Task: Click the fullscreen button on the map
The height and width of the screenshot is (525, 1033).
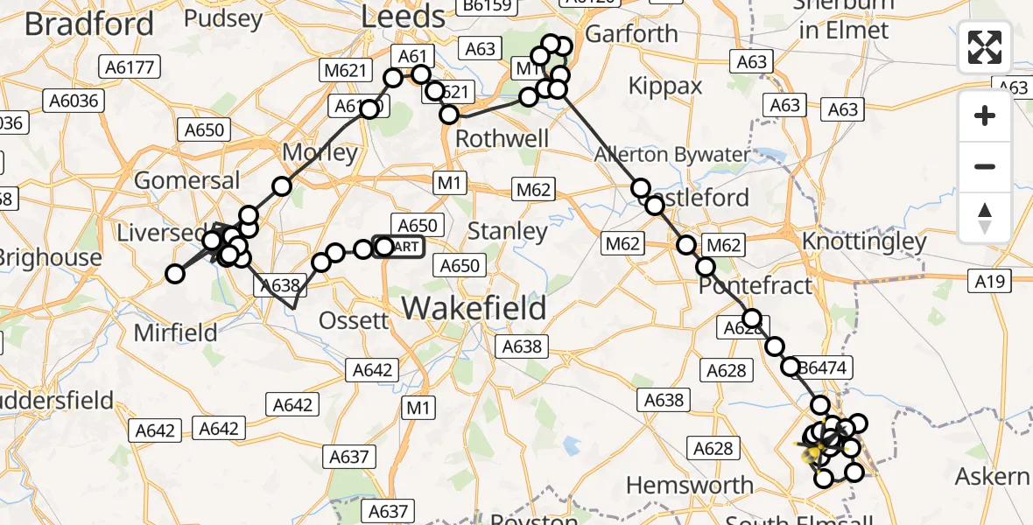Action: (x=985, y=47)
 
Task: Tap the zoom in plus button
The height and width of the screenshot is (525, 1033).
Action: (x=985, y=115)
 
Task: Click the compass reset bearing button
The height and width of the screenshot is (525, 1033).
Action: (x=985, y=218)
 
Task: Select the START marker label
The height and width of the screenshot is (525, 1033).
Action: (x=401, y=247)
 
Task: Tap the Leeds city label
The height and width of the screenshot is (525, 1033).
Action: (x=403, y=17)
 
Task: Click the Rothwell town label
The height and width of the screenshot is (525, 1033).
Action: (x=502, y=139)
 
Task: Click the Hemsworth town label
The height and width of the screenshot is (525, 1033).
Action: (x=690, y=485)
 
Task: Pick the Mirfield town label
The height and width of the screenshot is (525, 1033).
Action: (x=176, y=332)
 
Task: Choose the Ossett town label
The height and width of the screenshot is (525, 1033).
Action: (x=354, y=320)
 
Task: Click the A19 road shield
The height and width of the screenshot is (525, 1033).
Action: (x=992, y=282)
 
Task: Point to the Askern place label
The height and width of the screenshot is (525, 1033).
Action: (x=992, y=477)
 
